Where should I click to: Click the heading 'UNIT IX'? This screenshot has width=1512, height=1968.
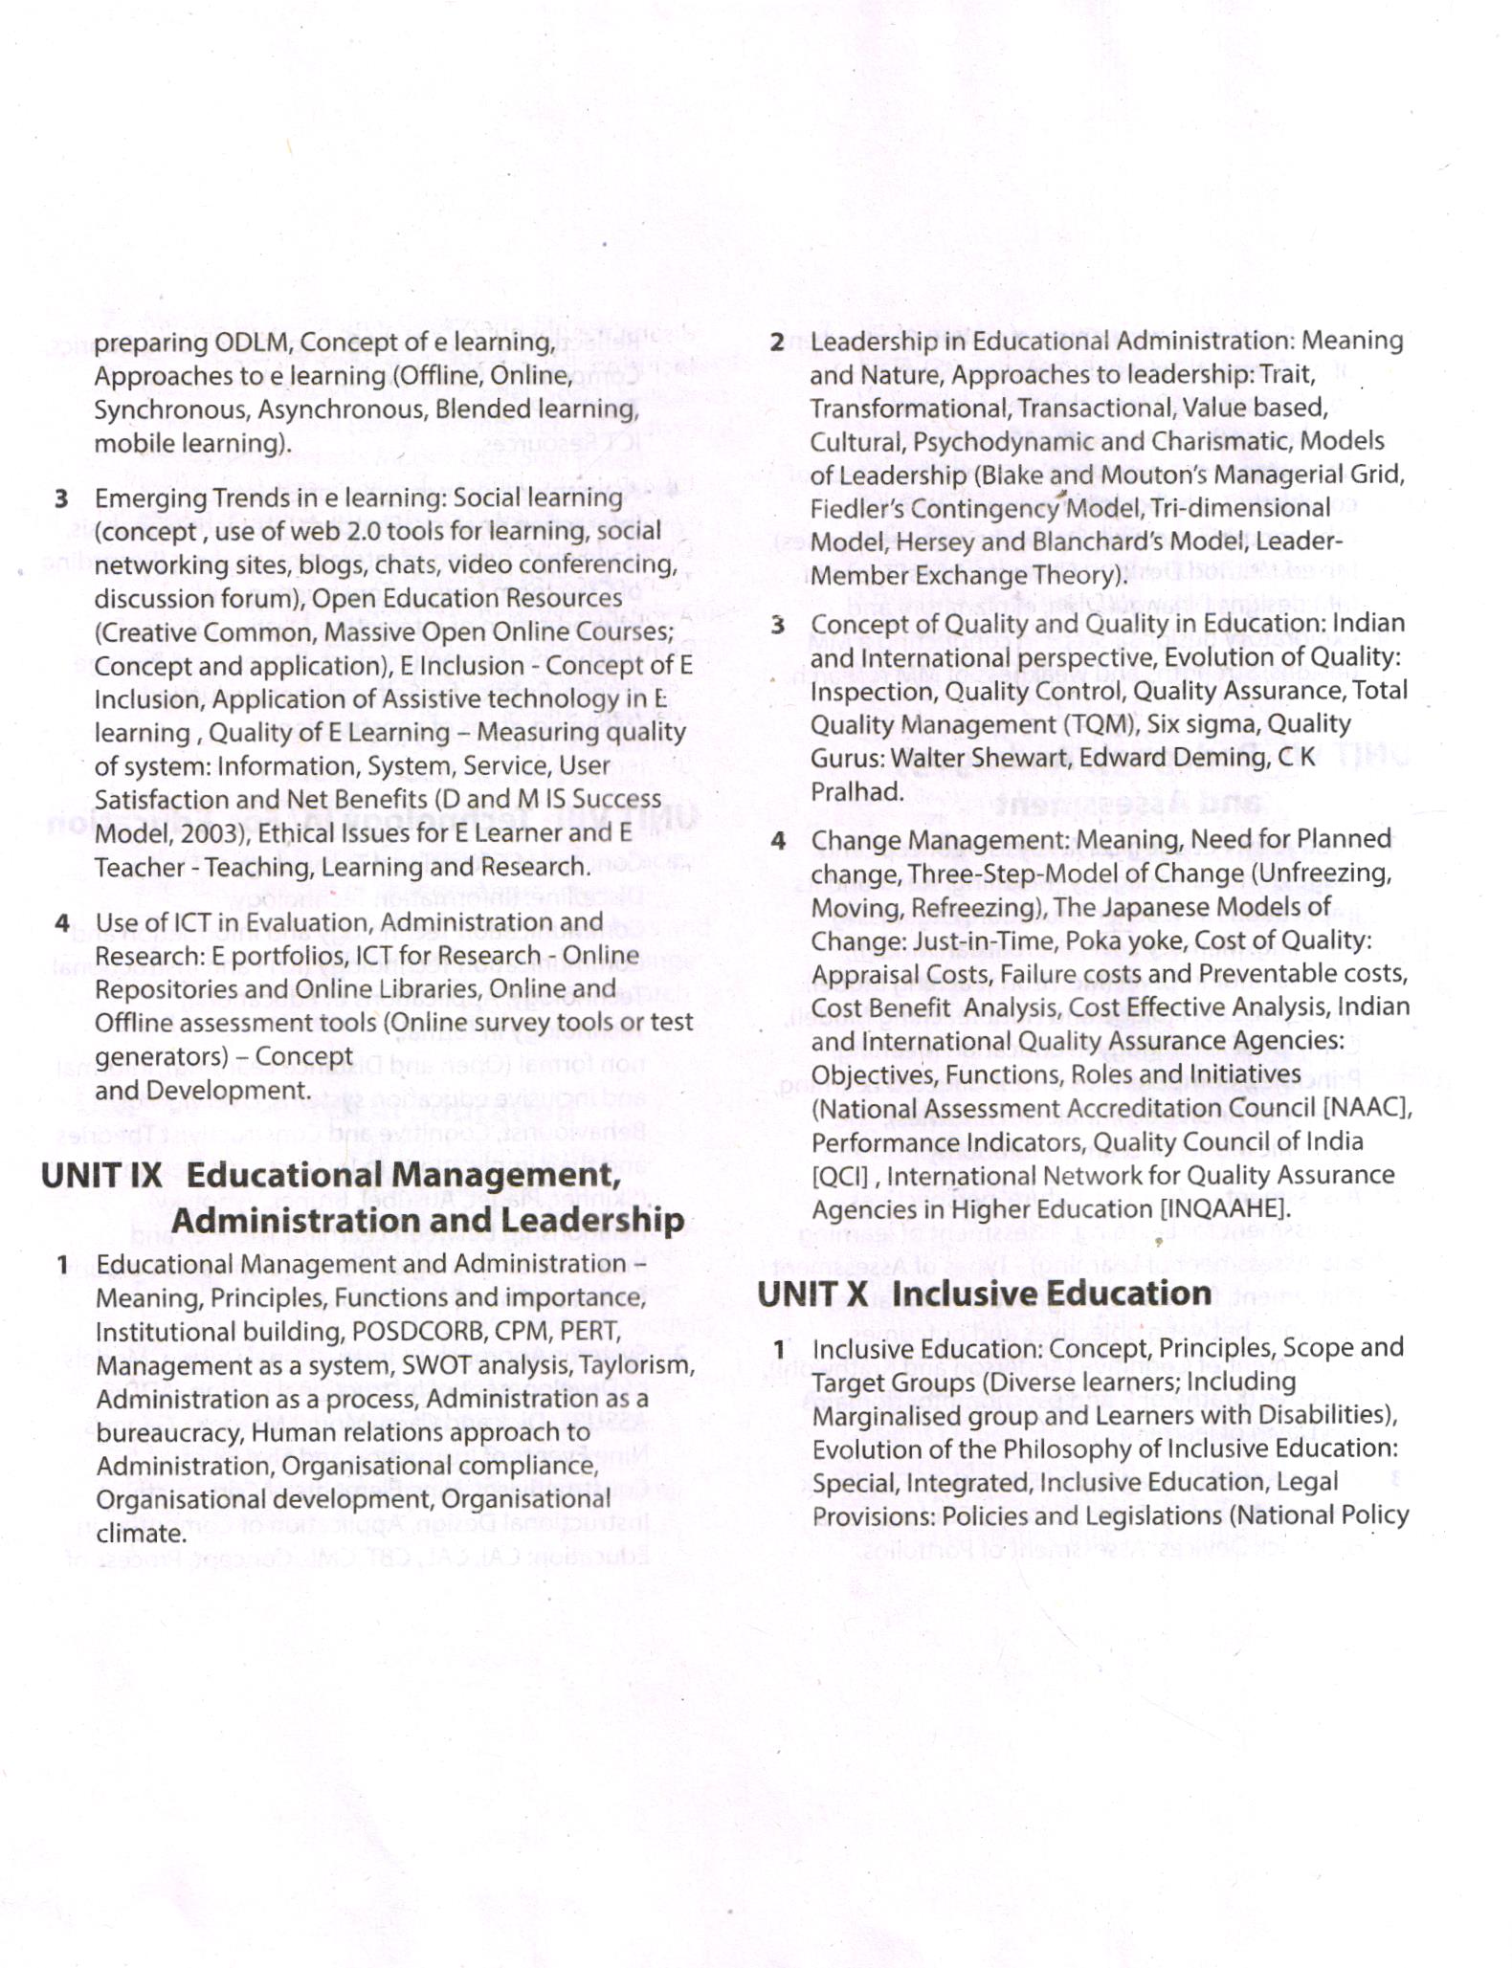(102, 1176)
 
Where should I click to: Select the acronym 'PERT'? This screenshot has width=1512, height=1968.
(589, 1332)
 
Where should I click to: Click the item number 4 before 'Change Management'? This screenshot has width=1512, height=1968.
(779, 841)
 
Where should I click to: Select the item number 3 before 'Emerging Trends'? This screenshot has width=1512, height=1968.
(62, 498)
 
